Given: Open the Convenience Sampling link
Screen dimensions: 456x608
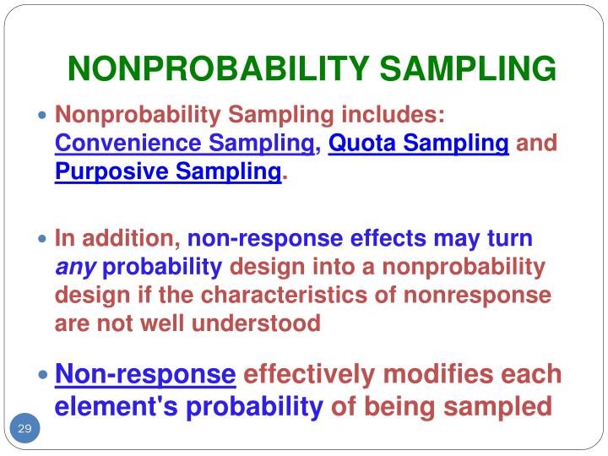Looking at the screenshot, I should point(184,144).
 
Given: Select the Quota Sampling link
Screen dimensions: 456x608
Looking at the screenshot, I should point(418,144).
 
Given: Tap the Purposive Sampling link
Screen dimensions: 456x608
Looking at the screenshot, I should point(168,173).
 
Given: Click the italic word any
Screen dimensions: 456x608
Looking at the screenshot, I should point(76,268).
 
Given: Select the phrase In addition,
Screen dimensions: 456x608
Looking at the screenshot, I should point(117,239).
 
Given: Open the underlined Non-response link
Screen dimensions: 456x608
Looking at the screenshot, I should point(145,374).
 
